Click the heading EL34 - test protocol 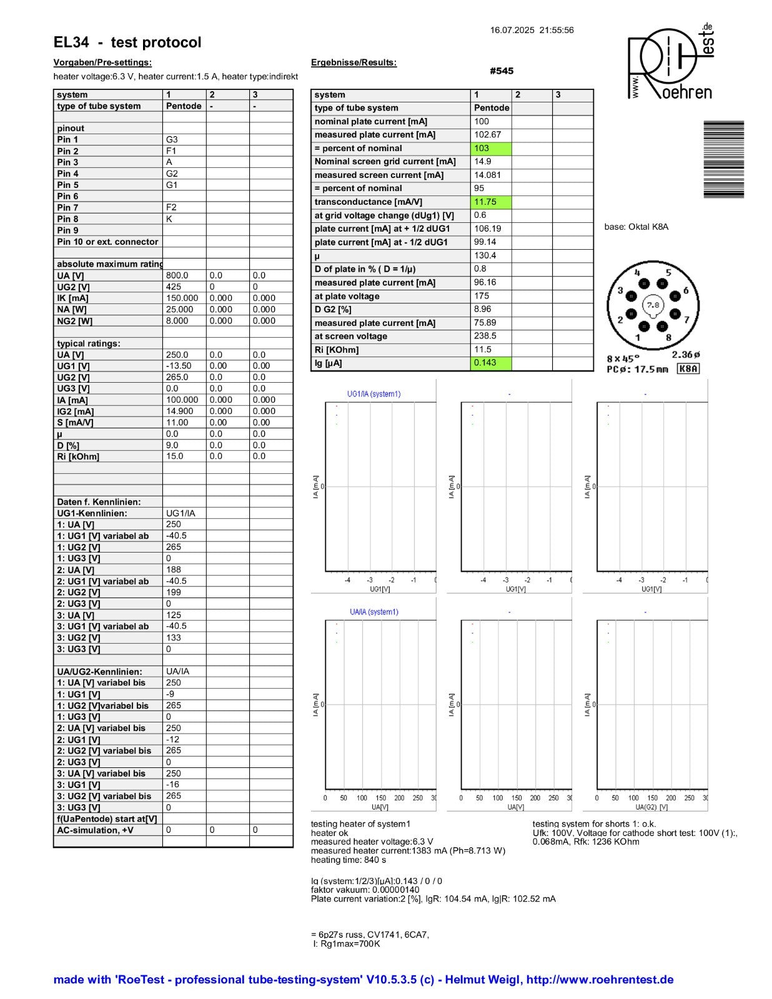(x=127, y=42)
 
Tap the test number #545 (x=502, y=71)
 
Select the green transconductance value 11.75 (x=485, y=202)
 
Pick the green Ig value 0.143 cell (x=485, y=363)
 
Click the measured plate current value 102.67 (x=488, y=135)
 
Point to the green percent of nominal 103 (x=482, y=148)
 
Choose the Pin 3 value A (x=169, y=162)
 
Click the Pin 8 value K (x=169, y=219)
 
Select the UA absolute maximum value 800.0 (x=177, y=275)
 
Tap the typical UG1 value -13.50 (x=179, y=366)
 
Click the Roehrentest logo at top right (x=670, y=62)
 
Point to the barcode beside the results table (x=723, y=159)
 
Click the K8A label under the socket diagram (x=688, y=369)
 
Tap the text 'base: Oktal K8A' (x=636, y=227)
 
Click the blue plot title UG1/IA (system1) (x=374, y=394)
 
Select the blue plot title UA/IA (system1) (x=374, y=612)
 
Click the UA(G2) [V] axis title (x=651, y=807)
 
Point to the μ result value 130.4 (x=485, y=255)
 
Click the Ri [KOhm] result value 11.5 (x=483, y=350)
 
